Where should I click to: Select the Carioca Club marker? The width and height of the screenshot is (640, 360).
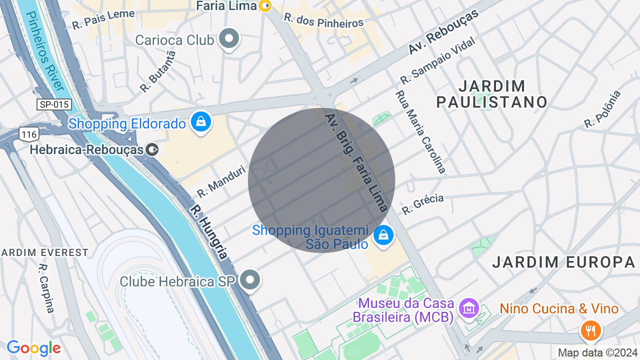[229, 38]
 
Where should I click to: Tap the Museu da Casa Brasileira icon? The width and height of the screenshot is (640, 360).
[469, 308]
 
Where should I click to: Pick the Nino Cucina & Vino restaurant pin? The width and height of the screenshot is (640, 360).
[590, 330]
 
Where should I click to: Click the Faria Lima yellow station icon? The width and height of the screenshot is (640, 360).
[265, 6]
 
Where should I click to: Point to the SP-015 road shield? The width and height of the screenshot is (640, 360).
[54, 104]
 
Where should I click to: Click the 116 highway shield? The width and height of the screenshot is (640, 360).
[29, 133]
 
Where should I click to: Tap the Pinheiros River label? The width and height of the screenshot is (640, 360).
[45, 50]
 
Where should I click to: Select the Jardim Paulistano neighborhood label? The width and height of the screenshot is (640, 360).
[492, 94]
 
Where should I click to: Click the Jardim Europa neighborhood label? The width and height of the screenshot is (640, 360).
[563, 261]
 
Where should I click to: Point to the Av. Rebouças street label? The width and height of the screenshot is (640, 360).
[443, 31]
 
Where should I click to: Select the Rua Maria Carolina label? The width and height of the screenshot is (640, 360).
[420, 131]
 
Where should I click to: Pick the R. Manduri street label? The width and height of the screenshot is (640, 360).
[221, 181]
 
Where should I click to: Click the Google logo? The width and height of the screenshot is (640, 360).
[33, 348]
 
